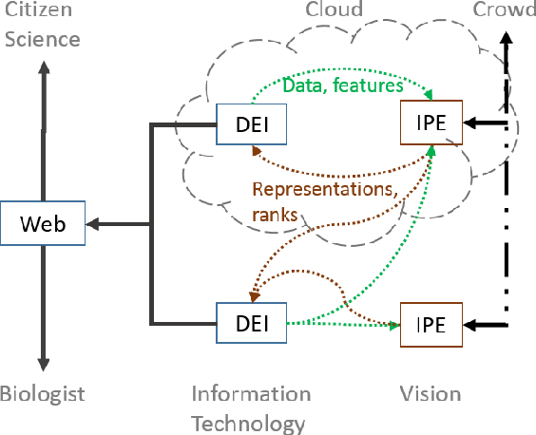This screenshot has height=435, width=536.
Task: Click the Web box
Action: (43, 224)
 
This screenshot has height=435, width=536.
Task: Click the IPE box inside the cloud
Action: (431, 123)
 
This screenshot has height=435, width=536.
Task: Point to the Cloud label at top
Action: (334, 9)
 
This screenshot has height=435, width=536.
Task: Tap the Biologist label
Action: (43, 394)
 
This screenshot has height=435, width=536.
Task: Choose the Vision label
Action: (431, 394)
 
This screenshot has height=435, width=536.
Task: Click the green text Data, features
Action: (328, 85)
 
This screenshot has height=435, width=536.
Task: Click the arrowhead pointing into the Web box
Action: (93, 225)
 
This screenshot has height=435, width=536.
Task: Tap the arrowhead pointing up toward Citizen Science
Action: (43, 68)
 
